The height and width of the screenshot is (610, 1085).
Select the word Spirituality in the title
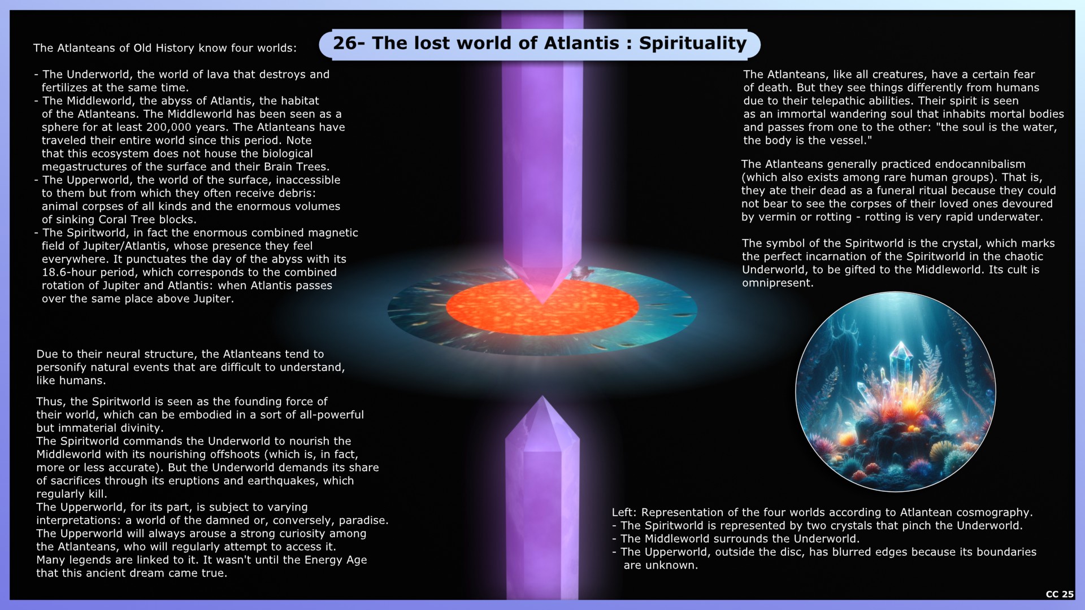(693, 44)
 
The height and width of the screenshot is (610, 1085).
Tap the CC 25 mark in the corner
(1060, 594)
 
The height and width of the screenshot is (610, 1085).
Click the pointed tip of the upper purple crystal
(542, 303)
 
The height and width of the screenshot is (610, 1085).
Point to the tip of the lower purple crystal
(542, 398)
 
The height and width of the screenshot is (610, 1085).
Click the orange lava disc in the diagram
(542, 307)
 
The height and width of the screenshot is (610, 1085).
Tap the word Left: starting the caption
(624, 512)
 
